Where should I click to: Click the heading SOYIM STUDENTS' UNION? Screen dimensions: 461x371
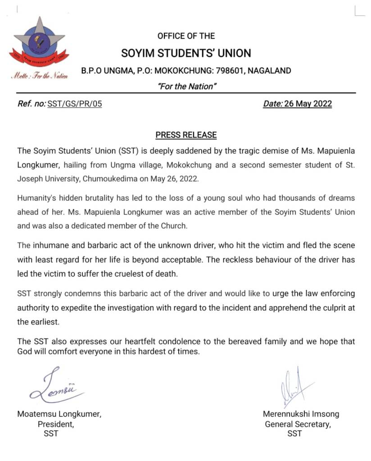click(x=186, y=53)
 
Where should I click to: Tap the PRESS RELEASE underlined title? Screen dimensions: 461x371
click(x=186, y=135)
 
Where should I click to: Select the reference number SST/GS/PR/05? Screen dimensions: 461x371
click(x=75, y=104)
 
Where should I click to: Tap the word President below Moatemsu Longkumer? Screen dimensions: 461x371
click(x=55, y=424)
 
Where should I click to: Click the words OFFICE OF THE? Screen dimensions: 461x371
click(x=186, y=36)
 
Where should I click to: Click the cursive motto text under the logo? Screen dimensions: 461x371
click(x=40, y=76)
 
